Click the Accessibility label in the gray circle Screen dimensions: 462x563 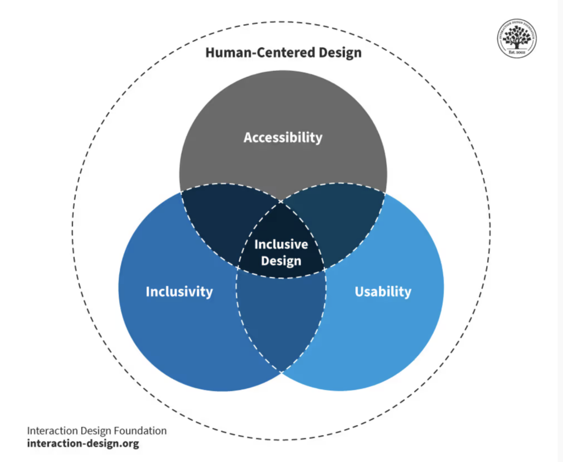283,137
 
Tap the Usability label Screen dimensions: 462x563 383,291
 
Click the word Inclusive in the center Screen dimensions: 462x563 281,244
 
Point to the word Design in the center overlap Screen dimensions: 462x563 281,260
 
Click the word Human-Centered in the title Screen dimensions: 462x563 257,53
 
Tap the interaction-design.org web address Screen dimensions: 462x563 82,443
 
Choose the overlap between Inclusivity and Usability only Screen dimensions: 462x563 281,319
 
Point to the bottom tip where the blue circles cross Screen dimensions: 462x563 281,372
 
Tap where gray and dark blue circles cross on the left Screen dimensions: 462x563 181,192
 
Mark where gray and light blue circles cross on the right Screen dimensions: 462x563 385,192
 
